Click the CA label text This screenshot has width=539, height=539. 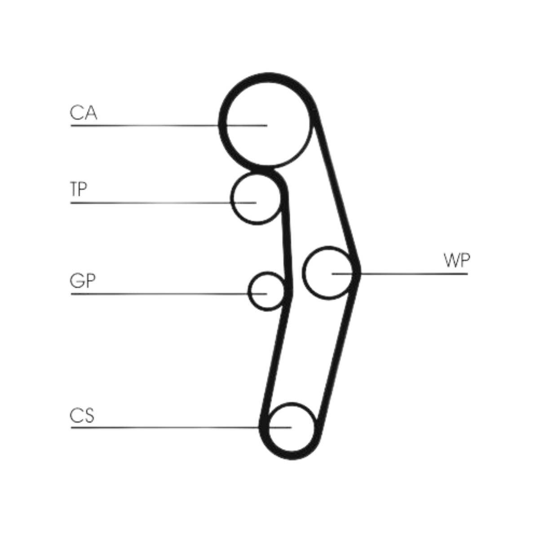pos(83,113)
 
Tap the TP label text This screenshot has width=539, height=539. pos(78,190)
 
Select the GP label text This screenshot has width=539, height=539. pos(83,281)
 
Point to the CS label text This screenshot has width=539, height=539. pos(82,415)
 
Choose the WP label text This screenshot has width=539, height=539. pos(456,261)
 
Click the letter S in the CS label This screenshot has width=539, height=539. pos(88,415)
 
